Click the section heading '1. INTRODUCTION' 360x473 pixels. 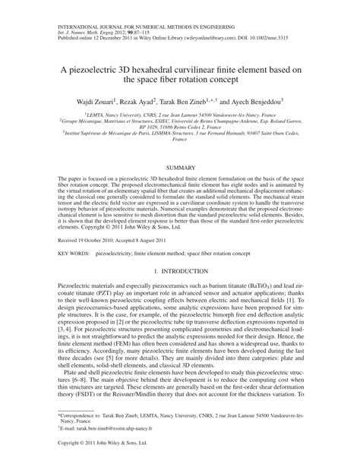180,272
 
